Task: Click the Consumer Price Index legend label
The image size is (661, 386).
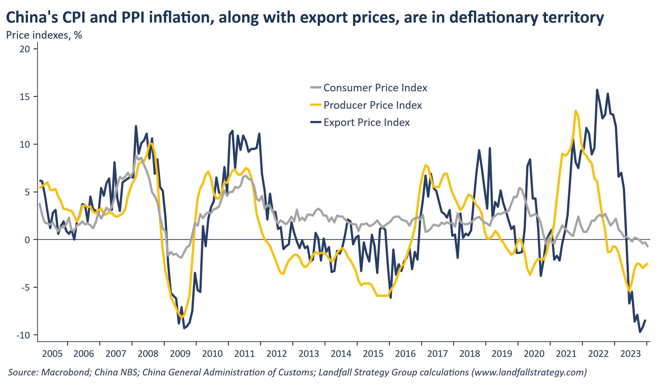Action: (375, 88)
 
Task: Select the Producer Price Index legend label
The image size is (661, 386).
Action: (373, 105)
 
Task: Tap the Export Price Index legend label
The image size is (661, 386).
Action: (366, 122)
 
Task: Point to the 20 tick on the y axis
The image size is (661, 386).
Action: (25, 49)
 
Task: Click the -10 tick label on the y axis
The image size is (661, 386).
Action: (23, 336)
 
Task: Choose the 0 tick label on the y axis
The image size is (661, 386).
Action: (27, 240)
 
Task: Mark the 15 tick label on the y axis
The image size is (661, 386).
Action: (25, 97)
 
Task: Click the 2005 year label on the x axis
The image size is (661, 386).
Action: (52, 354)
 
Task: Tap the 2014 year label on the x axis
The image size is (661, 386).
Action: (341, 354)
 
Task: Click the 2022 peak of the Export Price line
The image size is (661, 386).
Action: (597, 90)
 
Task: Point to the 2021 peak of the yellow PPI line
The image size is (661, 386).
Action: (575, 111)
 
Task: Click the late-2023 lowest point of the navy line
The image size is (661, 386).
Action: (640, 332)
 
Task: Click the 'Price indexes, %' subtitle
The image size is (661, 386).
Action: (44, 35)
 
